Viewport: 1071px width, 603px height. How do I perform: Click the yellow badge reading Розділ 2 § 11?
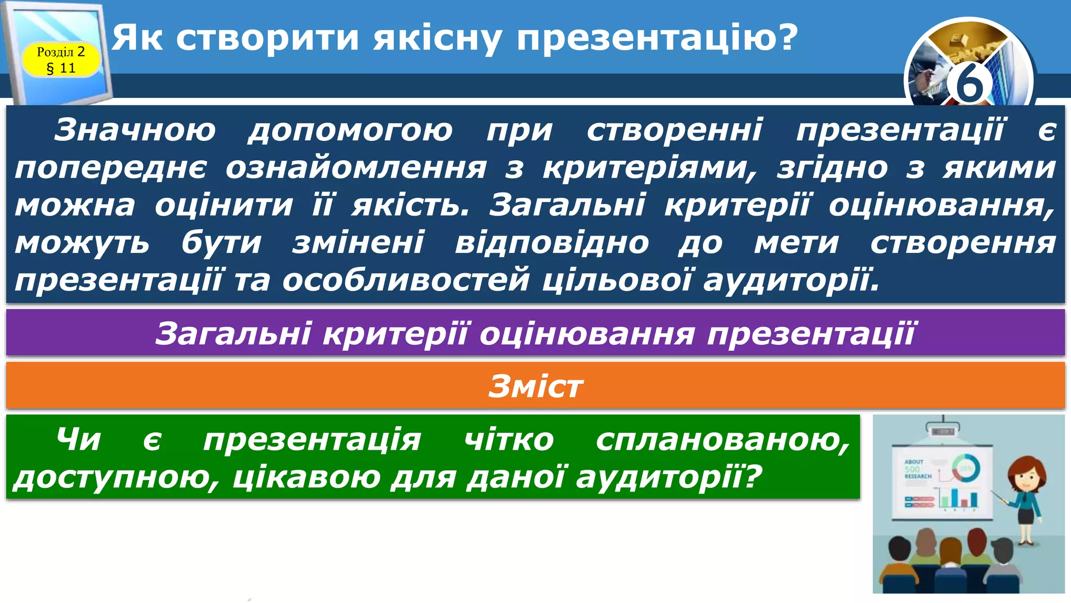coord(61,60)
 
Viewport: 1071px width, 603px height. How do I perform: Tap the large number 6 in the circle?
coord(969,84)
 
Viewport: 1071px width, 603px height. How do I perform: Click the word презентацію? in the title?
coord(657,38)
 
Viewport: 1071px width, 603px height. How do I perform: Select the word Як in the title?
coord(138,38)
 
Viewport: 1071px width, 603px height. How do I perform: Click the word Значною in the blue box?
coord(135,130)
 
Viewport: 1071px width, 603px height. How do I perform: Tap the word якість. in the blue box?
coord(411,205)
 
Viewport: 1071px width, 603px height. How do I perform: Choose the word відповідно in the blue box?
coord(552,243)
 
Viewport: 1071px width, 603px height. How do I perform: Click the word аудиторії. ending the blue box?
coord(791,281)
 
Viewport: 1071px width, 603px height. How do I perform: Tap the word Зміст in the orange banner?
coord(535,386)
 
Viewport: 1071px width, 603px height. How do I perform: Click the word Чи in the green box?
coord(78,439)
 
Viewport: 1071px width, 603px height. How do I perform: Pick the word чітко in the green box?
coord(509,439)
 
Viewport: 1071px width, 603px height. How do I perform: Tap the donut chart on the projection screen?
coord(965,467)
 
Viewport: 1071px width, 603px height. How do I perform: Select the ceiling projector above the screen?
coord(943,431)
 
